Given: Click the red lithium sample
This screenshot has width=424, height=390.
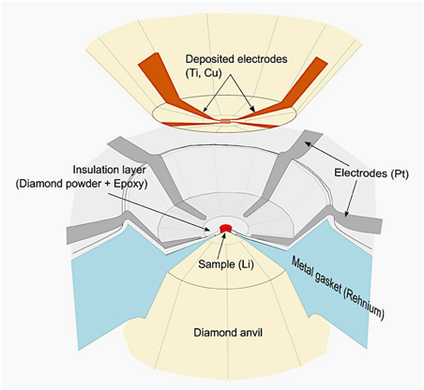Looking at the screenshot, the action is coord(225,228).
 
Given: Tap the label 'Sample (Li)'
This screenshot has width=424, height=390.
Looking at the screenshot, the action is coord(226,264).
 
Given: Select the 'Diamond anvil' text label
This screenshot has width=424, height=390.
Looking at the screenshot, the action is coord(228,333).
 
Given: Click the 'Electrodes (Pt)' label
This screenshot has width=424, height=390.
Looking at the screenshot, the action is coord(371,172).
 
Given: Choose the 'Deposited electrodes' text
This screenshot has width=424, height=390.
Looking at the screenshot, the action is coord(236,59).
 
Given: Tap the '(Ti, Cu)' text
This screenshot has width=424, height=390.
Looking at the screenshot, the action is coord(204,73).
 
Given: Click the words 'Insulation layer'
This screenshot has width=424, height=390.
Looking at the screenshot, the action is coord(110,170).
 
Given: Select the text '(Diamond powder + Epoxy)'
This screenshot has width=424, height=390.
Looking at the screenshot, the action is coord(82,184).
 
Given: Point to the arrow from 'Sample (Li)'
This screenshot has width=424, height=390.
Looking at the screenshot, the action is coord(222,246).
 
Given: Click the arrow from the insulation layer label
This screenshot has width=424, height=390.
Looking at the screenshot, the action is coord(159,212).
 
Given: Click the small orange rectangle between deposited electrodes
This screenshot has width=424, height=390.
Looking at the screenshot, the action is coord(225,121).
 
